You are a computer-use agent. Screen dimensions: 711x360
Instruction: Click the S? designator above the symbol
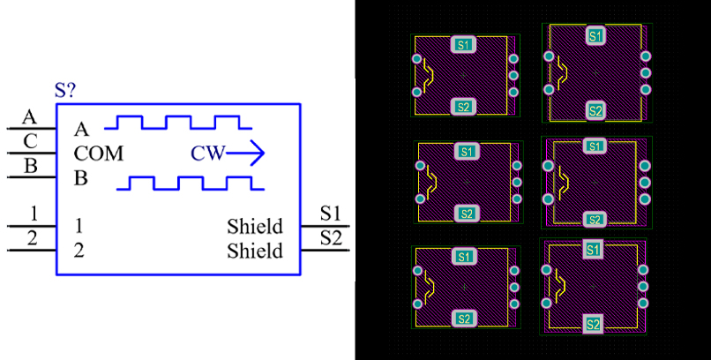point(65,91)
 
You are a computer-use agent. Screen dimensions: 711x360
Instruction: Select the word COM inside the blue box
point(99,154)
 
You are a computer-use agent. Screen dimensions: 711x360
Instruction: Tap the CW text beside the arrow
point(207,154)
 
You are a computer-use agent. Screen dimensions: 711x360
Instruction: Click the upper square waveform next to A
point(178,123)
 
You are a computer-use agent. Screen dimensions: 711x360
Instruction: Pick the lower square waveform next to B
point(191,184)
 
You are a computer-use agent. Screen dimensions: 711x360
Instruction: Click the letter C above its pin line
point(30,142)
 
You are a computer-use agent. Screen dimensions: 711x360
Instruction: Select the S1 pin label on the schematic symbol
point(331,214)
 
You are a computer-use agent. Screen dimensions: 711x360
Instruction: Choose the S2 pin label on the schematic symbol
point(331,238)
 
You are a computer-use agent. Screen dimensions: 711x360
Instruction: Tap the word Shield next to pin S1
point(255,226)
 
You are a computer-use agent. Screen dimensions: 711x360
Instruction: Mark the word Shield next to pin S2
point(255,251)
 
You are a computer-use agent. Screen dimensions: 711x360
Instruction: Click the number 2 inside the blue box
point(79,251)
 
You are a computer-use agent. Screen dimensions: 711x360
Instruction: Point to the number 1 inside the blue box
point(79,226)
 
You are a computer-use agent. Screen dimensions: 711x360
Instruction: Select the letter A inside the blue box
point(81,130)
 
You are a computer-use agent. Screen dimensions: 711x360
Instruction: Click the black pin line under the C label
point(31,154)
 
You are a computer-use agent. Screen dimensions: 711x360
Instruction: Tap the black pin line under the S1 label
point(325,226)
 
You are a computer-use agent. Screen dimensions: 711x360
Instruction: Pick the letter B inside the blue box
point(80,178)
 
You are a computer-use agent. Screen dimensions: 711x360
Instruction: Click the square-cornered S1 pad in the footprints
point(593,250)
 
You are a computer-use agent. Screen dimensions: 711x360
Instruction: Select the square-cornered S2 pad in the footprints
point(593,324)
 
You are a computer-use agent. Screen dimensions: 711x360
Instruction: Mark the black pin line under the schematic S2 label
point(325,250)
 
